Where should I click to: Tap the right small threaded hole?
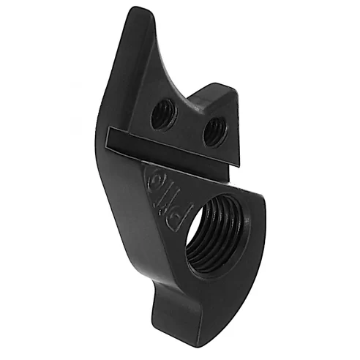click(x=213, y=132)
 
